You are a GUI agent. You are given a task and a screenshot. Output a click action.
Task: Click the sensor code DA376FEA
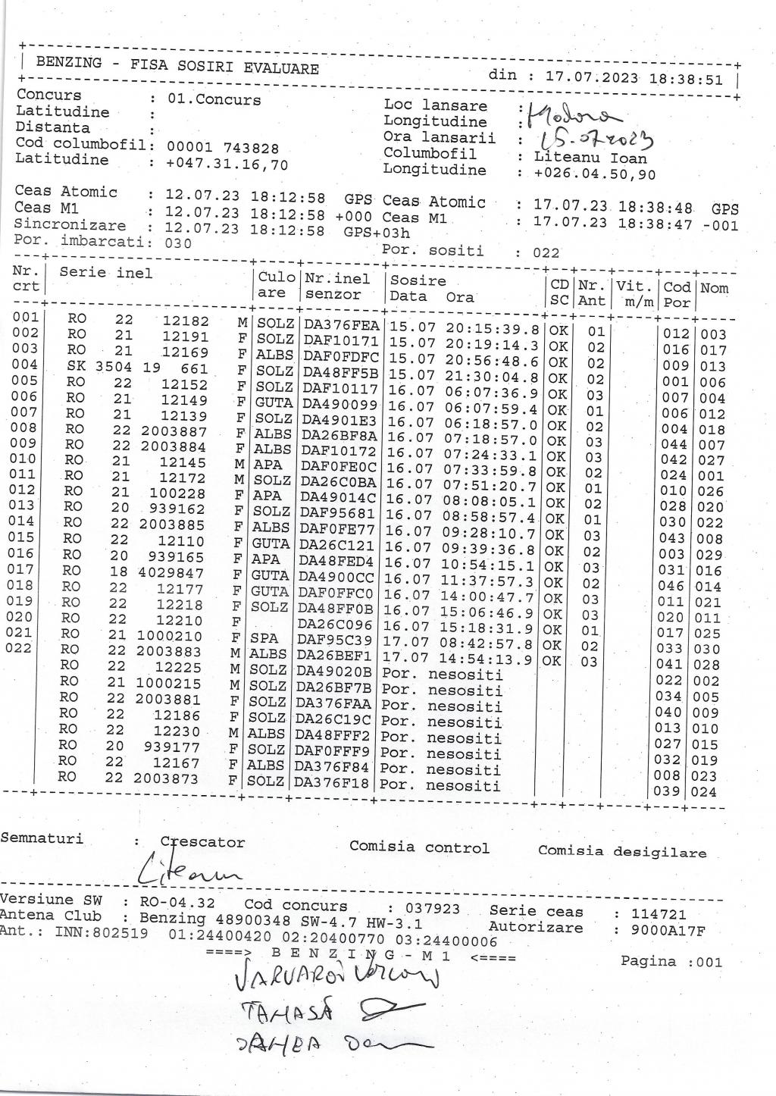pyautogui.click(x=340, y=327)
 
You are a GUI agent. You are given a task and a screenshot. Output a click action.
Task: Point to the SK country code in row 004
pyautogui.click(x=77, y=366)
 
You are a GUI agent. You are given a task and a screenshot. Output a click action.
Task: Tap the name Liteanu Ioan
pyautogui.click(x=591, y=158)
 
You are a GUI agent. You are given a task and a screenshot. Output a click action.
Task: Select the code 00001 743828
pyautogui.click(x=222, y=149)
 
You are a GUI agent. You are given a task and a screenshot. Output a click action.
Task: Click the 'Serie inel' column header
pyautogui.click(x=105, y=272)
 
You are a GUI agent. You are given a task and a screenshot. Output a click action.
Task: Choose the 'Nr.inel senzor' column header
pyautogui.click(x=340, y=287)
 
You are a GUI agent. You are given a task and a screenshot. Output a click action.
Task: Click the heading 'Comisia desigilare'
pyautogui.click(x=621, y=851)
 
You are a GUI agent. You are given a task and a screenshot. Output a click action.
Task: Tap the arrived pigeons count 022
pyautogui.click(x=546, y=253)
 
